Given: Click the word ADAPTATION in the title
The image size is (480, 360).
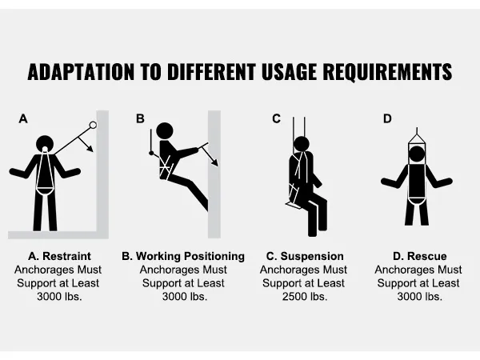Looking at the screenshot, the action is pyautogui.click(x=81, y=72).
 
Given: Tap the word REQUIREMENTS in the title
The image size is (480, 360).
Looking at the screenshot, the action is pyautogui.click(x=387, y=72).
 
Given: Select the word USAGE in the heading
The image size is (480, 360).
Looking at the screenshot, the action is pyautogui.click(x=289, y=72).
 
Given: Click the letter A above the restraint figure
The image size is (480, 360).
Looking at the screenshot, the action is pyautogui.click(x=23, y=118).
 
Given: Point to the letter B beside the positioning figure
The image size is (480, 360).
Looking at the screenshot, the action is pyautogui.click(x=140, y=118).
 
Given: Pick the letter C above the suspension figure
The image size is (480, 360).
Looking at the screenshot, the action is pyautogui.click(x=276, y=118).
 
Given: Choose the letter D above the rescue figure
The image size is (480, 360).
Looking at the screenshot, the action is pyautogui.click(x=387, y=118).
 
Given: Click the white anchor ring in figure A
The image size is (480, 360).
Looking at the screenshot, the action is pyautogui.click(x=93, y=125).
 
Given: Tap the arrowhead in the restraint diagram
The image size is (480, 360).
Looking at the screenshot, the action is pyautogui.click(x=90, y=149).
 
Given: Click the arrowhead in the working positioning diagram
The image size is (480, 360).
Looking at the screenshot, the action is pyautogui.click(x=215, y=162).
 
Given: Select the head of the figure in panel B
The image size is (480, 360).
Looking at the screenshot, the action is pyautogui.click(x=165, y=131).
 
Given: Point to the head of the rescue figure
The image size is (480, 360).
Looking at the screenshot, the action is pyautogui.click(x=417, y=154).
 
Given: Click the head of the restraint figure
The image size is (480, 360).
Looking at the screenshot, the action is pyautogui.click(x=45, y=144).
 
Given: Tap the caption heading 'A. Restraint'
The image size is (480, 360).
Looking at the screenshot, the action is pyautogui.click(x=59, y=256).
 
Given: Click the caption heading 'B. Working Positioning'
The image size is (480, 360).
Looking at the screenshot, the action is pyautogui.click(x=183, y=256).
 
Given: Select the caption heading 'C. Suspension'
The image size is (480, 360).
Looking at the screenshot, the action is pyautogui.click(x=305, y=256).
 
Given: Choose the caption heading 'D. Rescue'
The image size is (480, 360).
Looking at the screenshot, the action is pyautogui.click(x=419, y=256).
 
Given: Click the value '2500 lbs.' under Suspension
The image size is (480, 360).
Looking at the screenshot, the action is pyautogui.click(x=305, y=296).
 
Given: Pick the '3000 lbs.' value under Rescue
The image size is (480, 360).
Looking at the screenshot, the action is pyautogui.click(x=419, y=296).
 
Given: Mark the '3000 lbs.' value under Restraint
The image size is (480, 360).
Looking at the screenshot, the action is pyautogui.click(x=59, y=296).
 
